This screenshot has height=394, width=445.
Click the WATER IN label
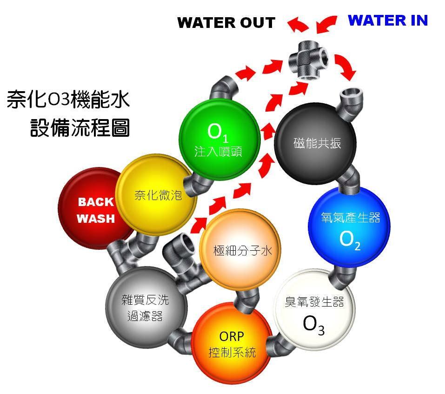pyautogui.click(x=387, y=20)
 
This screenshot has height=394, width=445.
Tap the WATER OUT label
pyautogui.click(x=226, y=22)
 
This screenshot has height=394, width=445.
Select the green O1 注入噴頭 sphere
pyautogui.click(x=219, y=140)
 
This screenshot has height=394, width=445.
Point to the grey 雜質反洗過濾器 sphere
pyautogui.click(x=146, y=307)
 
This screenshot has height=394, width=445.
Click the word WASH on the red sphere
pyautogui.click(x=96, y=219)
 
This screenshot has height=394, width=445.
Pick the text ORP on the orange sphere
pyautogui.click(x=231, y=336)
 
